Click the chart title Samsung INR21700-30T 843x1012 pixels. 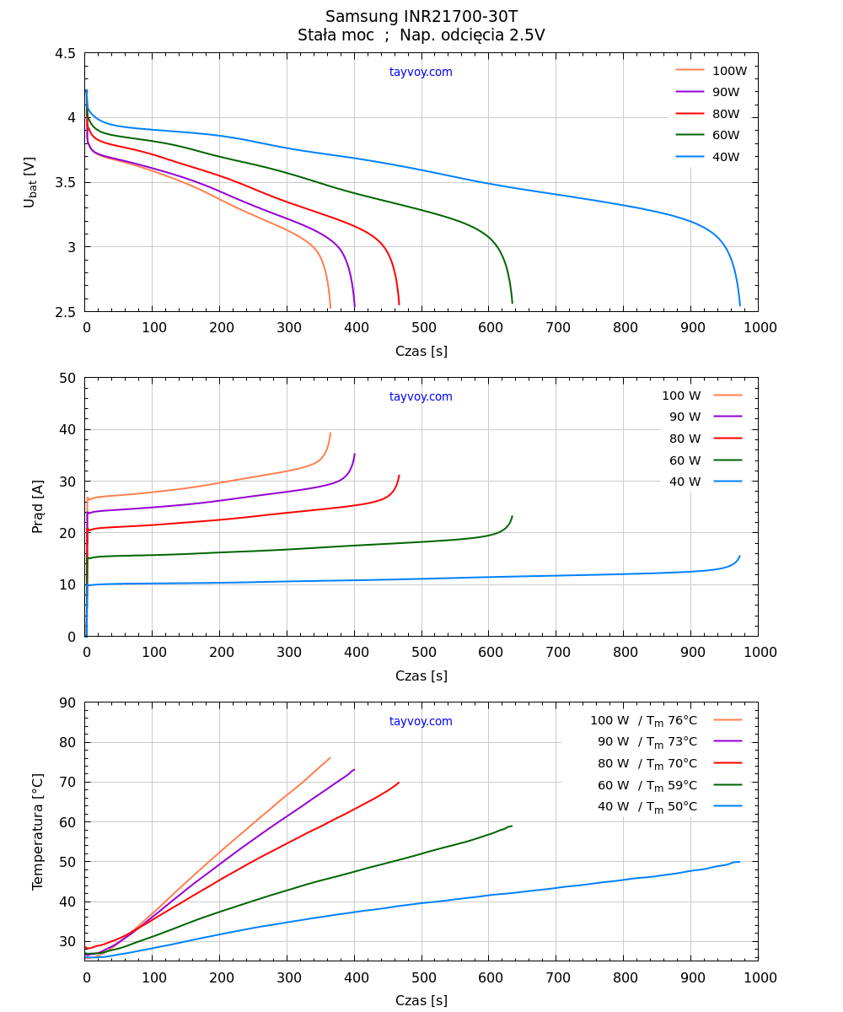[x=421, y=17]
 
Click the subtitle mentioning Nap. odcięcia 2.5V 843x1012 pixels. [x=421, y=35]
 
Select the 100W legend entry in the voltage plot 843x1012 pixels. [x=711, y=71]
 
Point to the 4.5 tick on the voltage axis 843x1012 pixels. [x=65, y=54]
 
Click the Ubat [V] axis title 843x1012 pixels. [x=30, y=182]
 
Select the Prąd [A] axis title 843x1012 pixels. [x=38, y=507]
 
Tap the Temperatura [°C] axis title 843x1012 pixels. [x=38, y=832]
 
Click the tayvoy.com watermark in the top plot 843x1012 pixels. [x=421, y=73]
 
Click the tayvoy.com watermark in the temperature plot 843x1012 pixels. [x=421, y=722]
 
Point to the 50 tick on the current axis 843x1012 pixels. [x=67, y=378]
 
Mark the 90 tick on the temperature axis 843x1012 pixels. [x=67, y=703]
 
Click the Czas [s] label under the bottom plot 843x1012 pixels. [x=421, y=1001]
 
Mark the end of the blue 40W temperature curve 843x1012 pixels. [x=739, y=862]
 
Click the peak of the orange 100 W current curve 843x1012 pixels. [x=330, y=433]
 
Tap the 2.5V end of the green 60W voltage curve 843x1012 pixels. [x=512, y=302]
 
